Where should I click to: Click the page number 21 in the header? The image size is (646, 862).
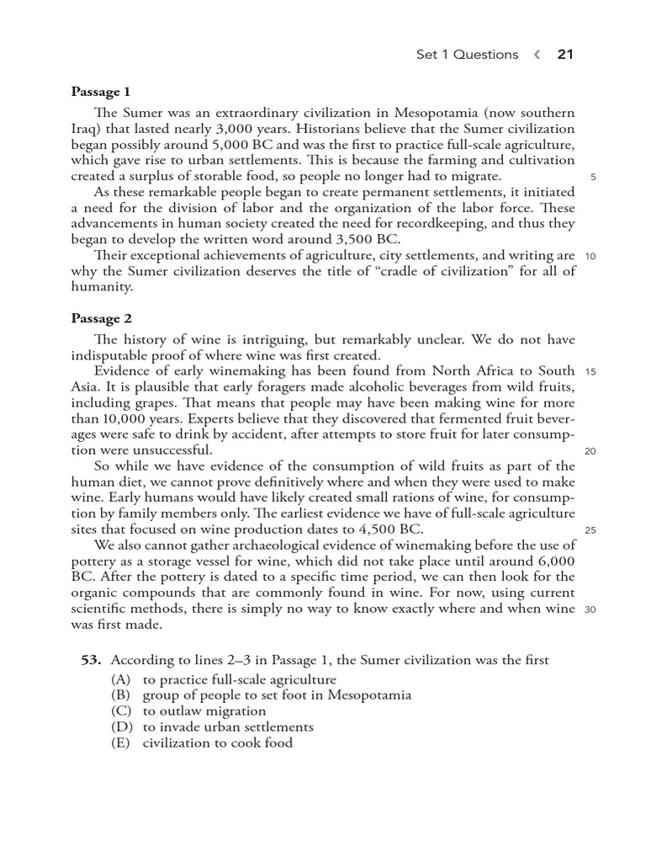click(x=564, y=55)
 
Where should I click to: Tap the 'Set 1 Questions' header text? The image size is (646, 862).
click(x=467, y=55)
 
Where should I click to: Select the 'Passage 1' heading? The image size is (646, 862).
click(x=100, y=91)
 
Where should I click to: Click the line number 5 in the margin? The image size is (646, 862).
click(x=593, y=178)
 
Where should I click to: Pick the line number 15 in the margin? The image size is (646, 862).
click(x=590, y=372)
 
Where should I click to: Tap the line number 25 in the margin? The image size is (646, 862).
click(x=590, y=530)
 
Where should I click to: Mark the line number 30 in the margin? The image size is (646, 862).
click(x=590, y=609)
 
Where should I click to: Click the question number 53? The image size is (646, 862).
click(x=91, y=661)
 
